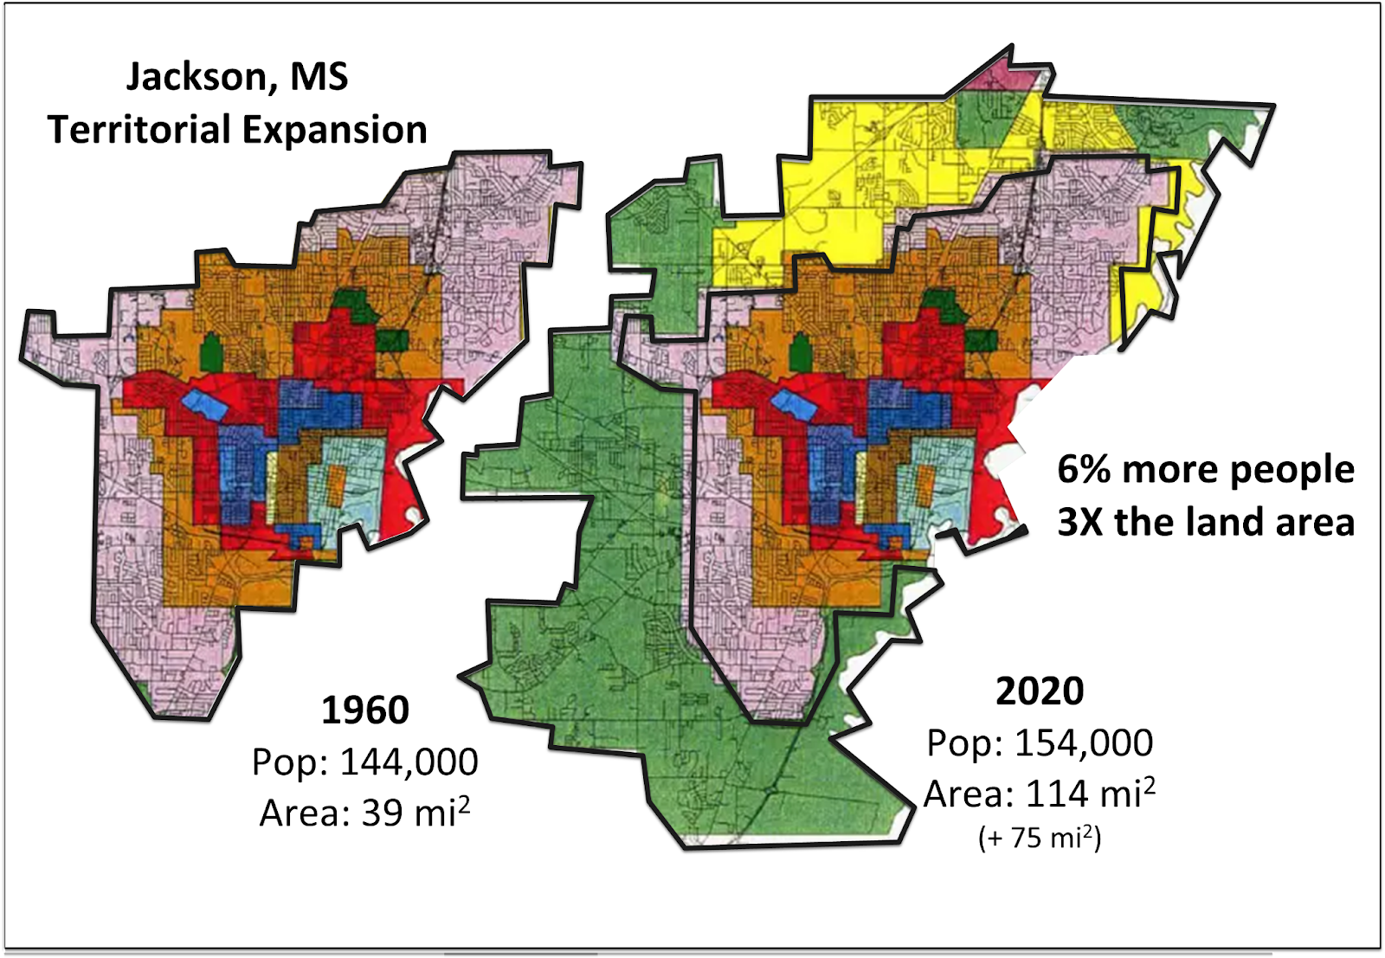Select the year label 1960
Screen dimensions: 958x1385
point(364,710)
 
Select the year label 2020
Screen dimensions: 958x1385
point(1039,691)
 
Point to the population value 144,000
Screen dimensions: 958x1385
point(409,762)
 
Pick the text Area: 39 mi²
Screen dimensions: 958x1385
point(364,813)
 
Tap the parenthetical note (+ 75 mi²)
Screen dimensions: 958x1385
point(1039,838)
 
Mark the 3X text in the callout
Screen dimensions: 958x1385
point(1079,523)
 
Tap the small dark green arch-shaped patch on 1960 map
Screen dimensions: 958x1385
point(210,351)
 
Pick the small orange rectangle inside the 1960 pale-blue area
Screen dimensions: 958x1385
point(337,486)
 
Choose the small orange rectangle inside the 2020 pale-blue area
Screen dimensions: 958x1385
point(925,485)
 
